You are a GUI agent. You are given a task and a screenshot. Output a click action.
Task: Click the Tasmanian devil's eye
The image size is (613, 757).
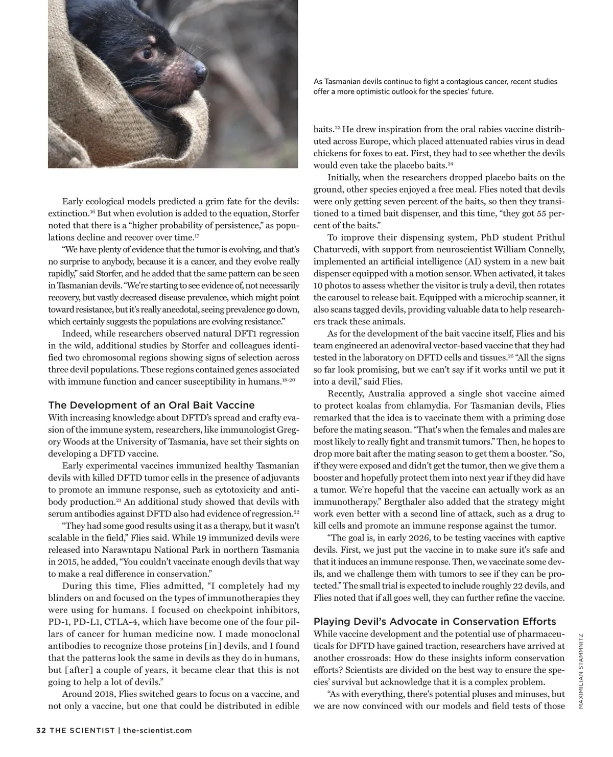click(148, 53)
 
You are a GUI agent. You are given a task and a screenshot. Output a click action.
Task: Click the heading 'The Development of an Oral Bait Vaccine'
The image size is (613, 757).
click(151, 405)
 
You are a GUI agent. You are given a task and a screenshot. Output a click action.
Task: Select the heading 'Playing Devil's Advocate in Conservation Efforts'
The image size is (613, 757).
click(434, 622)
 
